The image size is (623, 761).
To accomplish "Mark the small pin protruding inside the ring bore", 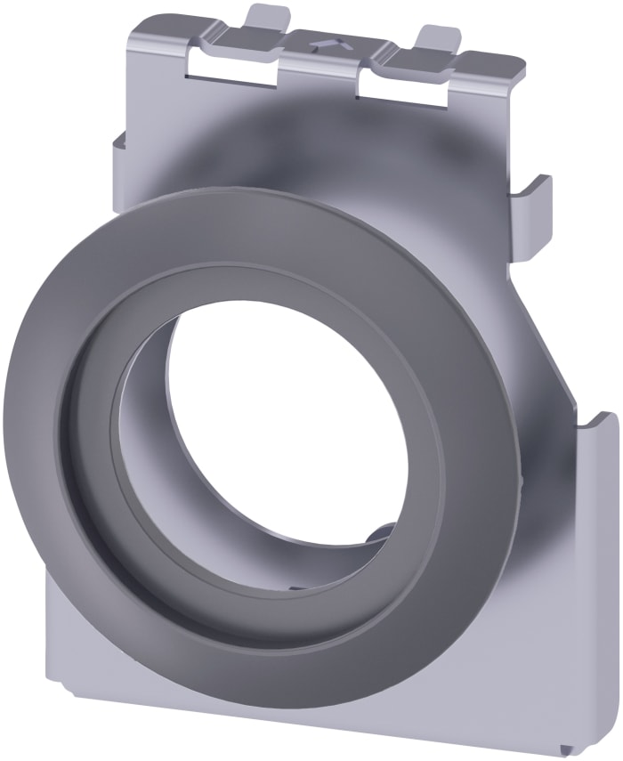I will coord(379,535).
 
